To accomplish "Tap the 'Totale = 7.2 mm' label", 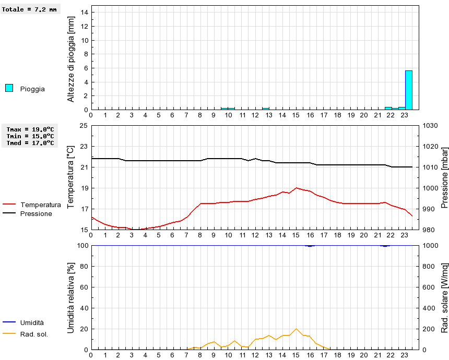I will tap(29, 9).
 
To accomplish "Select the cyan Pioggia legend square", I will tap(9, 88).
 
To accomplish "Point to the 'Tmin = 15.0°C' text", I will tap(30, 136).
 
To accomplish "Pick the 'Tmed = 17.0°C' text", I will tap(30, 143).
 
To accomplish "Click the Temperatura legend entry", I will tap(40, 205).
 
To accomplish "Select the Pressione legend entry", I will tap(36, 213).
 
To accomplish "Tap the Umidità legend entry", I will tap(32, 323).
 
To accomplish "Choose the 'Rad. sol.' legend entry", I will tap(34, 334).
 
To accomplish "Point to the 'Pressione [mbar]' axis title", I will tap(445, 177).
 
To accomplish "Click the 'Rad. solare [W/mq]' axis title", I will tap(445, 297).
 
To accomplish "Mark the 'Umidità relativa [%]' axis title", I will tap(72, 297).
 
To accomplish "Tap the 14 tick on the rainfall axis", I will tap(84, 13).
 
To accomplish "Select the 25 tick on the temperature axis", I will tap(84, 126).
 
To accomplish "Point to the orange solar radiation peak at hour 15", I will tap(296, 329).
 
